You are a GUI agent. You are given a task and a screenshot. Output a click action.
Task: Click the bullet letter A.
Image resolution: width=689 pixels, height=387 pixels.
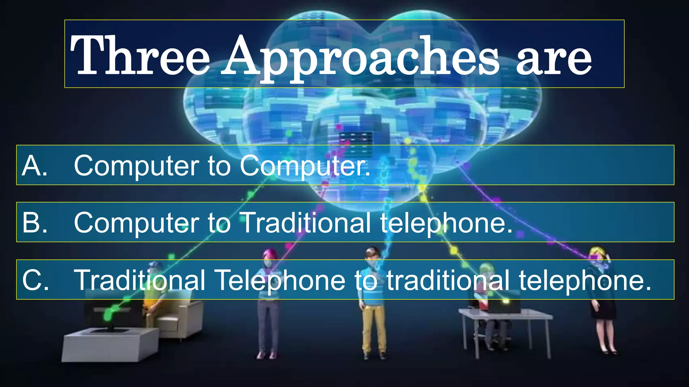pyautogui.click(x=34, y=165)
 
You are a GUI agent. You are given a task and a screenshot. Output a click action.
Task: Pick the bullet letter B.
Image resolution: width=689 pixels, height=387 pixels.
pyautogui.click(x=34, y=222)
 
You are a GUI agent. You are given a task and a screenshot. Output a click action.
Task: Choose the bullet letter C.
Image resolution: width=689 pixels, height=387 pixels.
pyautogui.click(x=35, y=280)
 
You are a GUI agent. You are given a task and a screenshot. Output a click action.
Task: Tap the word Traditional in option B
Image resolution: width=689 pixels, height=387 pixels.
pyautogui.click(x=306, y=222)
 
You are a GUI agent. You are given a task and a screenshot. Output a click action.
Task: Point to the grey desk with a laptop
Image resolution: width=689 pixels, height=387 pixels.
pyautogui.click(x=505, y=316)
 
